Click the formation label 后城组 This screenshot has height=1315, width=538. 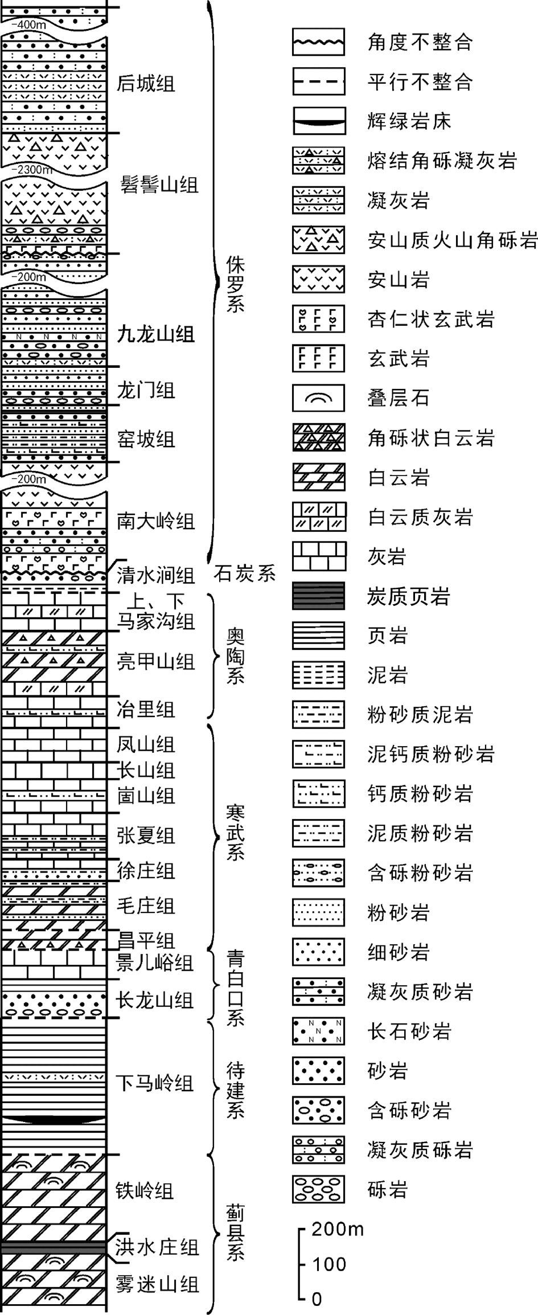click(145, 84)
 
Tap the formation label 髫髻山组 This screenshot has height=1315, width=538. click(159, 186)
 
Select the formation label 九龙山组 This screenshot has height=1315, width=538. click(155, 334)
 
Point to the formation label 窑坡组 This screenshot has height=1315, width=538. click(145, 440)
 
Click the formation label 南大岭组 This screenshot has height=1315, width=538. click(155, 521)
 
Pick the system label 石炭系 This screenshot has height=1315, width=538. click(245, 573)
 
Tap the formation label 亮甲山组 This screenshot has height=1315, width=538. click(155, 661)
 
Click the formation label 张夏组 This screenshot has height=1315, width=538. click(145, 836)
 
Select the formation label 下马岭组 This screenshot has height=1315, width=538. click(155, 1083)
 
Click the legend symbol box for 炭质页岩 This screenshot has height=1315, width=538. click(318, 596)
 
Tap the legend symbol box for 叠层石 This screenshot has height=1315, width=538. click(318, 398)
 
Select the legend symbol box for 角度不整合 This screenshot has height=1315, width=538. click(318, 42)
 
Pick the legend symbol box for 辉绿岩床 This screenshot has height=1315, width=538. click(319, 121)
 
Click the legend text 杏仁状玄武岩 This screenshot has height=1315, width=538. click(431, 319)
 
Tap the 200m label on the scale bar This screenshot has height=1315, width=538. click(338, 1229)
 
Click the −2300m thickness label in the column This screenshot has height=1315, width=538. click(34, 169)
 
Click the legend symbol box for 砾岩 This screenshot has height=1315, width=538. click(318, 1189)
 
